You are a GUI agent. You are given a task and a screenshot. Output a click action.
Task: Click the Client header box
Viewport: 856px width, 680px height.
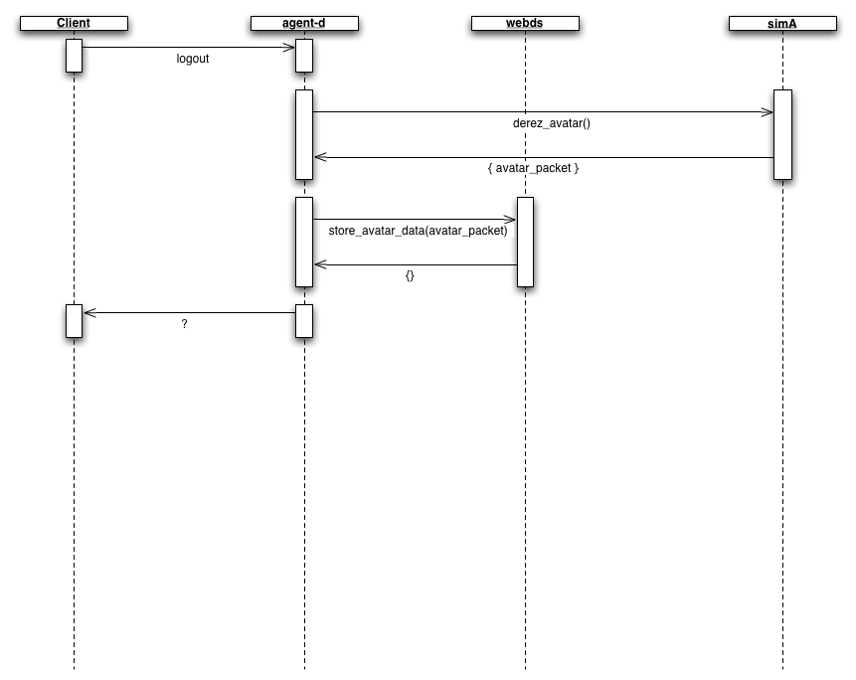click(74, 23)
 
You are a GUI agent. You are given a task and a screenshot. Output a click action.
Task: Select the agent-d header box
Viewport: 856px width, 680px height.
click(304, 23)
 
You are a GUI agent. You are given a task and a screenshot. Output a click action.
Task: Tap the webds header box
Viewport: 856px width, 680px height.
click(525, 23)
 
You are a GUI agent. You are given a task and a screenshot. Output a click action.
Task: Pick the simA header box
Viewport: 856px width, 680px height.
click(782, 23)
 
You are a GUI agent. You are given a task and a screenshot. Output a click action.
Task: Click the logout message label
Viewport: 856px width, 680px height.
click(193, 59)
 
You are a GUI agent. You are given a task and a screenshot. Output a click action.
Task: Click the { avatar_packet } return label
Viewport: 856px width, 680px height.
click(533, 169)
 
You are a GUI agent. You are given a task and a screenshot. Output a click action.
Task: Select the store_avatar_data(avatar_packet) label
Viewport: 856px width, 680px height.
click(418, 231)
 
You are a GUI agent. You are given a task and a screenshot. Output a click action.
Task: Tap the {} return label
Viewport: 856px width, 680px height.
click(410, 275)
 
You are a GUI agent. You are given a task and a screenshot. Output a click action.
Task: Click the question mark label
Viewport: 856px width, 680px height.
click(185, 324)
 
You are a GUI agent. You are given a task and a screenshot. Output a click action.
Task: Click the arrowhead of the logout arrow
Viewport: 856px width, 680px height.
click(291, 47)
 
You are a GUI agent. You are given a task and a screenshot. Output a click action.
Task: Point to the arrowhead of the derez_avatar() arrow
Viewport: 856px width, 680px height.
click(769, 112)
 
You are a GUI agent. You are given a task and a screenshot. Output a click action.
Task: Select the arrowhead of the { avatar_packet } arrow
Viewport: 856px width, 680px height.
click(319, 157)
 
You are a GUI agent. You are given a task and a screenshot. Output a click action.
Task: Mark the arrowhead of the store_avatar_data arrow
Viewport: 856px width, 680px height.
click(511, 219)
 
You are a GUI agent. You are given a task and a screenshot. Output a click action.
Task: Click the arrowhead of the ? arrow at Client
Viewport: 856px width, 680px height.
click(88, 312)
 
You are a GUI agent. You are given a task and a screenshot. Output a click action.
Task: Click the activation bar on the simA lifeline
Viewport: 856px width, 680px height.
click(782, 135)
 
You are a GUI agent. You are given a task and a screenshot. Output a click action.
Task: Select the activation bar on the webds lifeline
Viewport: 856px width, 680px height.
click(525, 242)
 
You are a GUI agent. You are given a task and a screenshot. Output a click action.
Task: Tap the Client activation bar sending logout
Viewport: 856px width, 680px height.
click(74, 56)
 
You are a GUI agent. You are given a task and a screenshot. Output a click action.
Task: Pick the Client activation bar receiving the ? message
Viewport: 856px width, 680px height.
click(74, 320)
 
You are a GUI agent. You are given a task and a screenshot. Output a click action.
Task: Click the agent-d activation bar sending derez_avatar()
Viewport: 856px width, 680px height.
click(304, 135)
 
